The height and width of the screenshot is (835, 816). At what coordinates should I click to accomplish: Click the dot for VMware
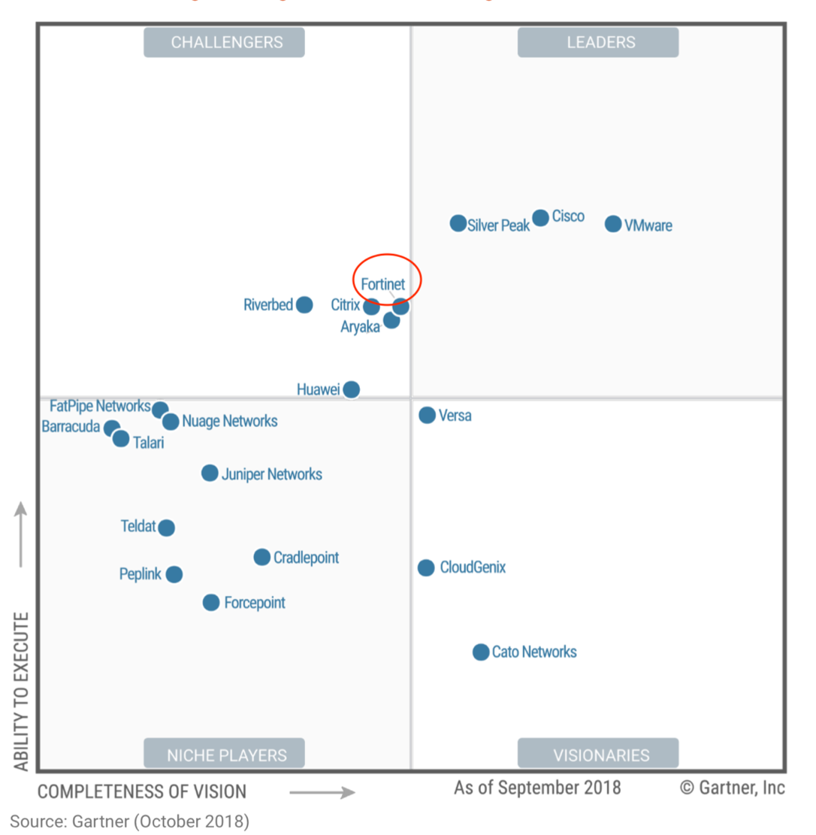pos(613,224)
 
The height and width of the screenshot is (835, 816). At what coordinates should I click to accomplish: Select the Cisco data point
pos(541,218)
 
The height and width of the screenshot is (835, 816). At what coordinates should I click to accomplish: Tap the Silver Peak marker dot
pos(458,223)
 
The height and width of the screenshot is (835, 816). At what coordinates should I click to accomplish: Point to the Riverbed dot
pos(304,304)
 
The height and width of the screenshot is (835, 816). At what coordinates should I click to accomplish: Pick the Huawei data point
pos(352,389)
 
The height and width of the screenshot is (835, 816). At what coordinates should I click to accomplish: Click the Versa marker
pos(427,415)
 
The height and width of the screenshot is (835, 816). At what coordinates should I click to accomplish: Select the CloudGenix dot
pos(426,567)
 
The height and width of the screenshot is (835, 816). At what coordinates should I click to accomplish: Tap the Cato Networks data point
pos(481,652)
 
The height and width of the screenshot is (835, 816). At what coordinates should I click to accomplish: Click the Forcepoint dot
pos(211,602)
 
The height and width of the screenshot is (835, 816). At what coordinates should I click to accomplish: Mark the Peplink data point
pos(174,574)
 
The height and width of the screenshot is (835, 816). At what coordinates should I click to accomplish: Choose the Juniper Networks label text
pos(272,474)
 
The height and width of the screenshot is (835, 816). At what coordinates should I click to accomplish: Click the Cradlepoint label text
pos(306,557)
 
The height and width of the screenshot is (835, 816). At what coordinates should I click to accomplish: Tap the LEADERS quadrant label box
pos(598,42)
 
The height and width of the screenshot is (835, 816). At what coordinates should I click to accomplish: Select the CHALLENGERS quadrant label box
pos(224,42)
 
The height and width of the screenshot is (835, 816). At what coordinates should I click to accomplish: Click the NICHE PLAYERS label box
pos(224,754)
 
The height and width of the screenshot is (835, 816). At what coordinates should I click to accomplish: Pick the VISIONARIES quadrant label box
pos(598,754)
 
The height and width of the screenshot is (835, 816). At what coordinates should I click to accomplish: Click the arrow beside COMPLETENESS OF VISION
pos(322,792)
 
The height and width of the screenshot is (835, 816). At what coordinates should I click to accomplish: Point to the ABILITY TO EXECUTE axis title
pos(22,691)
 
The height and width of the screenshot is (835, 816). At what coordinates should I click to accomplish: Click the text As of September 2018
pos(537,788)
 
